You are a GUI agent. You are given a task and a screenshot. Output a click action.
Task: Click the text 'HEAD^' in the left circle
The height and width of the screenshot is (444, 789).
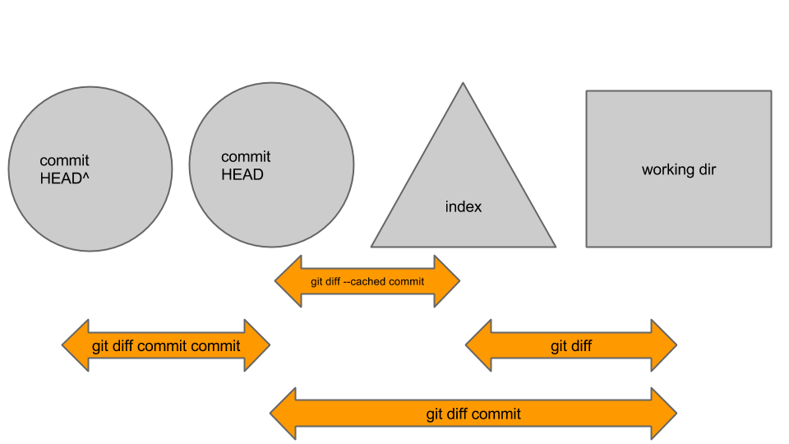pyautogui.click(x=64, y=178)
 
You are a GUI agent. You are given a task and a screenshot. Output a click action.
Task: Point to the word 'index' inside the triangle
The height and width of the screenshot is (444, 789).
pyautogui.click(x=464, y=207)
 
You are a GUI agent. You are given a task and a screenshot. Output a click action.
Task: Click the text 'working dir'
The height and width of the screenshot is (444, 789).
pyautogui.click(x=679, y=170)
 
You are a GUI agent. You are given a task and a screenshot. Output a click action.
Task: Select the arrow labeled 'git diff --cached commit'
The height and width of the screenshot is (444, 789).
pyautogui.click(x=367, y=281)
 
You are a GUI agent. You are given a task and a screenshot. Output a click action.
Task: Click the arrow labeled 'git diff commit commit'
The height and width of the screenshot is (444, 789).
pyautogui.click(x=166, y=346)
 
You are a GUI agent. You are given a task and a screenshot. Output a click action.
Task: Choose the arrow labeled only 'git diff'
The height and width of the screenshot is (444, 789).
pyautogui.click(x=571, y=346)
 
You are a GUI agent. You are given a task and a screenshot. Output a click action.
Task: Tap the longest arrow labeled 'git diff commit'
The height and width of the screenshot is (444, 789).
pyautogui.click(x=473, y=414)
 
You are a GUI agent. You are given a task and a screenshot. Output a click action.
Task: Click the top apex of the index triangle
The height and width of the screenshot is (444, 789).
pyautogui.click(x=463, y=85)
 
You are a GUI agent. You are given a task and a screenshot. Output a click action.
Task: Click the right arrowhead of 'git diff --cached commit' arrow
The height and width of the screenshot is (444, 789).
pyautogui.click(x=448, y=281)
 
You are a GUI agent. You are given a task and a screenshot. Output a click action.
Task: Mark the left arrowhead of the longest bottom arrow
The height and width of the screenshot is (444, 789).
pyautogui.click(x=282, y=414)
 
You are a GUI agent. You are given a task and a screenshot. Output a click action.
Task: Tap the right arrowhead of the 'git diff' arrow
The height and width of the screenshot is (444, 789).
pyautogui.click(x=665, y=346)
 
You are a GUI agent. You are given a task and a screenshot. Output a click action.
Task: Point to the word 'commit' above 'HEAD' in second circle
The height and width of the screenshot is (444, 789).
pyautogui.click(x=246, y=157)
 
